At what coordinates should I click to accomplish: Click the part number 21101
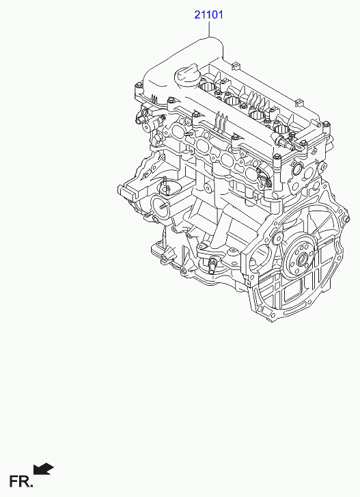pos(208,14)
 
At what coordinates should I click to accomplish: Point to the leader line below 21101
pos(209,29)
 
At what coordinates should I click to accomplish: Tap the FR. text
pos(20,481)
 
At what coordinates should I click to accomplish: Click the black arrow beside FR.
pos(43,469)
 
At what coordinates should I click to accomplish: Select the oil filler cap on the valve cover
pos(186,76)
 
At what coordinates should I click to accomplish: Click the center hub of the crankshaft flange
pos(301,260)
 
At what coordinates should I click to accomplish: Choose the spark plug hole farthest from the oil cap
pos(281,129)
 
